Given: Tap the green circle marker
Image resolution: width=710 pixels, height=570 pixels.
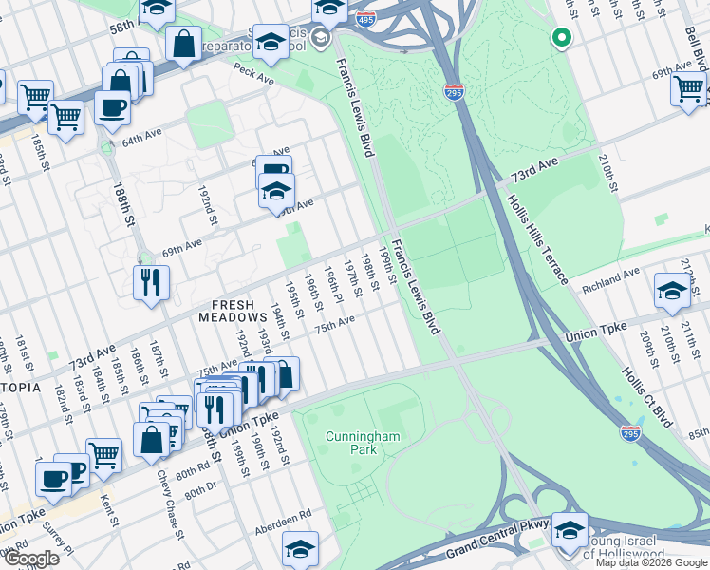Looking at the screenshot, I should (561, 38).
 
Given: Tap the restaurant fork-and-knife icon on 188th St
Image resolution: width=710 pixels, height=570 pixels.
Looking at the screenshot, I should (152, 282).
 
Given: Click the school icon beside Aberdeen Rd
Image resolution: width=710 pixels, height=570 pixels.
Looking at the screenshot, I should (300, 548).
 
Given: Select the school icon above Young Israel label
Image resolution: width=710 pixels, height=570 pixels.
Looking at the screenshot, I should (570, 528).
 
